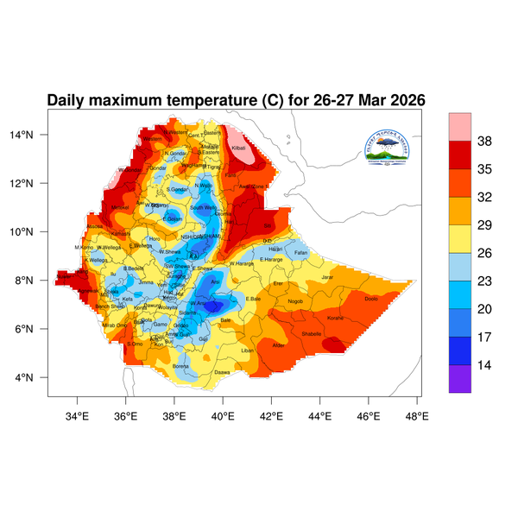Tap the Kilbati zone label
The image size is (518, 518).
coord(239,149)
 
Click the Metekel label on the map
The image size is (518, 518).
coord(120,208)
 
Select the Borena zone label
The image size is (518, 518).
coord(180,366)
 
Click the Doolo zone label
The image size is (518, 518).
coord(372,299)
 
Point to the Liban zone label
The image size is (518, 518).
coord(248,351)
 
